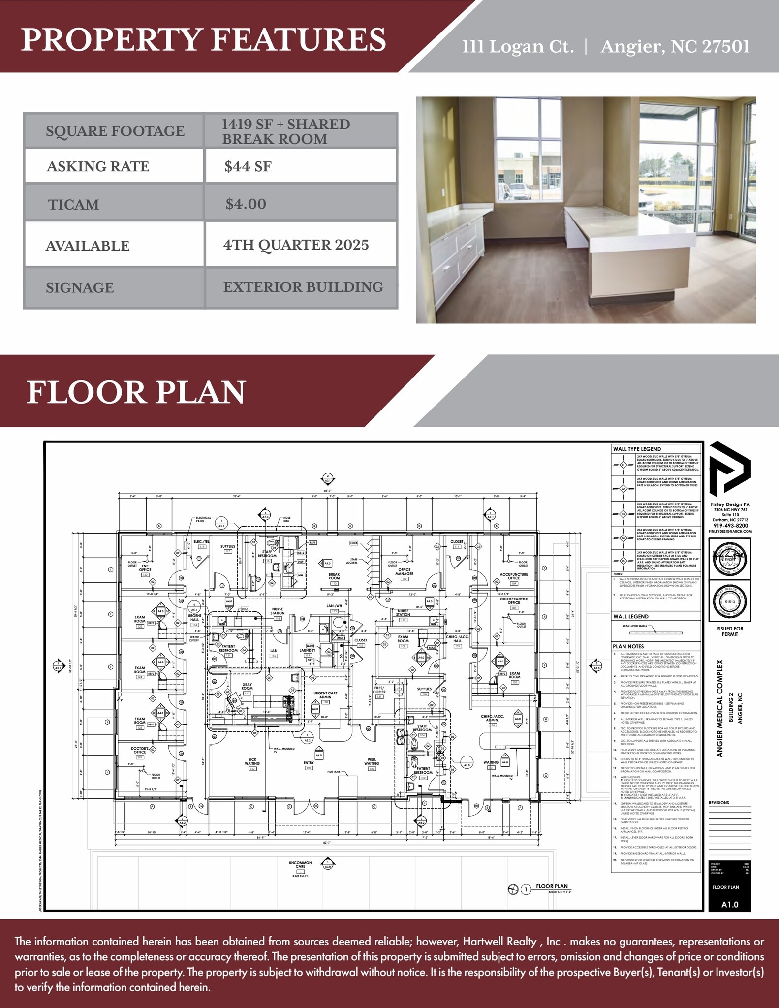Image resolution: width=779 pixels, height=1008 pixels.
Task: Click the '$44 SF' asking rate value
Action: tap(248, 166)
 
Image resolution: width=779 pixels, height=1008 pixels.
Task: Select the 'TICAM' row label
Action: tap(74, 204)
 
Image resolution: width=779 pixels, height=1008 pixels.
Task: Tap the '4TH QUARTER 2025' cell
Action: tap(296, 245)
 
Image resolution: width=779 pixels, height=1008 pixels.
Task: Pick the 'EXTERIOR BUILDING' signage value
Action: tap(303, 287)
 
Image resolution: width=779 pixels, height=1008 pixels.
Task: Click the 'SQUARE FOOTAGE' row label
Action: tap(115, 131)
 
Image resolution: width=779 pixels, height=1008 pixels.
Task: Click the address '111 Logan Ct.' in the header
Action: tap(518, 47)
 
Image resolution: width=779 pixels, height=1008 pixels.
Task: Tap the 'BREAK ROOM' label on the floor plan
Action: tap(334, 576)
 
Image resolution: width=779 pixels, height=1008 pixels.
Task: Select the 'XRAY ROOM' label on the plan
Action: tap(247, 686)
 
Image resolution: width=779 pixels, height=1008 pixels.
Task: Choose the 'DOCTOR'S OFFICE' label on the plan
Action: tap(140, 750)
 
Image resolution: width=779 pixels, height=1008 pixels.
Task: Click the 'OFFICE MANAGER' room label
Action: tap(404, 572)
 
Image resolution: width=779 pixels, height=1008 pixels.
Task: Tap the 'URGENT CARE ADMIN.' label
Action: tap(325, 695)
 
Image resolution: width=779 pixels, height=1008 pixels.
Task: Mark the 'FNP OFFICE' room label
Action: tap(145, 568)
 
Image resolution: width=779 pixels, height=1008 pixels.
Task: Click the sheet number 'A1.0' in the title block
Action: tap(730, 904)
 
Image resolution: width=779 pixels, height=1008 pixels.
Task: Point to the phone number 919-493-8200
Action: tap(730, 526)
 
